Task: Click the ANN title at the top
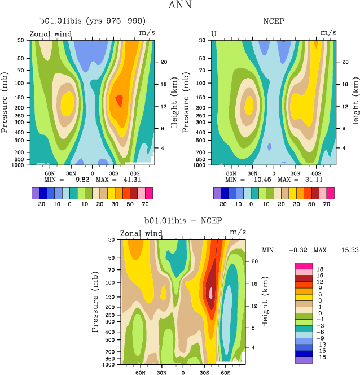coord(180,6)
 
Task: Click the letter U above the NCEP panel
coord(214,34)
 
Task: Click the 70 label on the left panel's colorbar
coord(144,204)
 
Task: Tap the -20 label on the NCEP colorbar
coord(222,204)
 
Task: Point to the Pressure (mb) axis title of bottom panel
coord(93,303)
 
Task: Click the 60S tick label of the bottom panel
coord(225,373)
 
